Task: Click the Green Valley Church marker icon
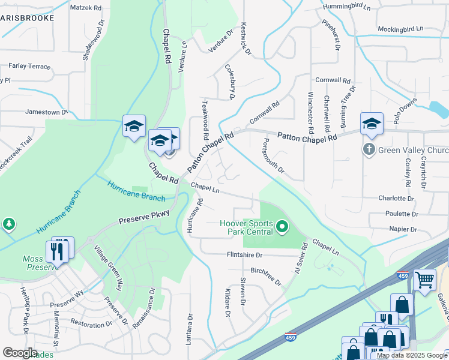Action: [x=369, y=149]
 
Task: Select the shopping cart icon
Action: [x=424, y=280]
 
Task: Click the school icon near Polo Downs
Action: [x=372, y=124]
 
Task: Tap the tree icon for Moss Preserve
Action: [x=9, y=224]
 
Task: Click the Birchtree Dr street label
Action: [x=265, y=276]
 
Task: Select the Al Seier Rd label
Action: [x=300, y=256]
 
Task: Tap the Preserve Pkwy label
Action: [x=144, y=216]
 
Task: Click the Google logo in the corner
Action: [x=20, y=353]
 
